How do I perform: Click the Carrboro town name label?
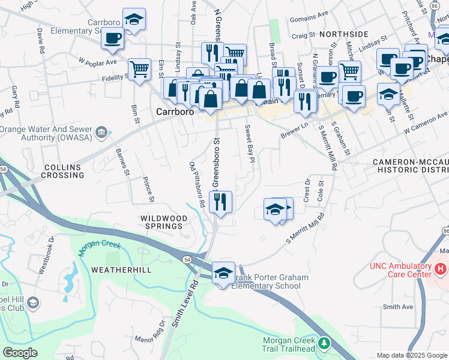174,111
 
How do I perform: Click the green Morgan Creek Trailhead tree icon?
325,343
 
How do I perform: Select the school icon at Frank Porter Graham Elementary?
223,273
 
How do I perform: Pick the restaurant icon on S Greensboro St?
220,202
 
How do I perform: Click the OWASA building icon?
101,131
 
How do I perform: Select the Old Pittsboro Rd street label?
197,184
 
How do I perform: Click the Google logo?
20,353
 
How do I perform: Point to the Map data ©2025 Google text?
411,355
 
